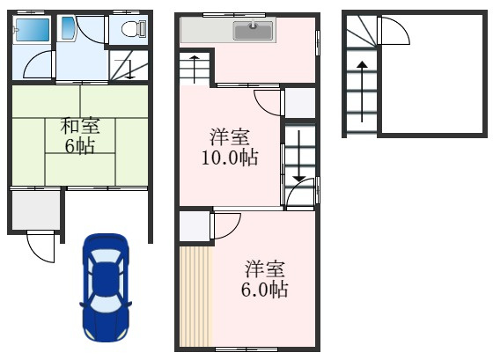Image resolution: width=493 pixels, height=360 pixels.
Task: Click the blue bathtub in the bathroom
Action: pyautogui.click(x=34, y=33)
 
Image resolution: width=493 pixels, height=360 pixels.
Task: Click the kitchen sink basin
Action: pyautogui.click(x=254, y=32)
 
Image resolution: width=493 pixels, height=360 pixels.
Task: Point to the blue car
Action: pyautogui.click(x=106, y=288)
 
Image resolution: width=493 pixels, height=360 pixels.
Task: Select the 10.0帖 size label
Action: pyautogui.click(x=228, y=158)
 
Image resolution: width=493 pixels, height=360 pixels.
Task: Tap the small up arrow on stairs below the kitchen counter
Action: pyautogui.click(x=195, y=67)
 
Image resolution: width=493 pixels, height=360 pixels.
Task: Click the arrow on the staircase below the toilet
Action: pyautogui.click(x=129, y=68)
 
